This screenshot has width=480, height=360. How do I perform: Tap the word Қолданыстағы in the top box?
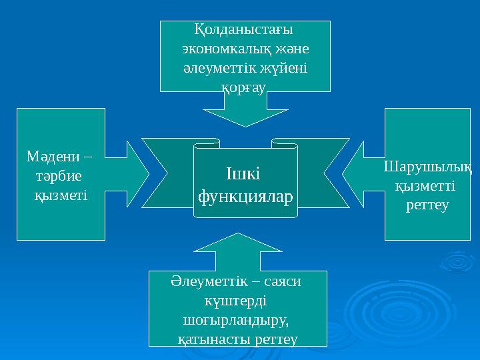click(x=244, y=31)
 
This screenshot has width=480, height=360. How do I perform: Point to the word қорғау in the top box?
click(x=244, y=87)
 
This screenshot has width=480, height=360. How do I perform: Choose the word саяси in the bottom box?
click(x=283, y=282)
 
